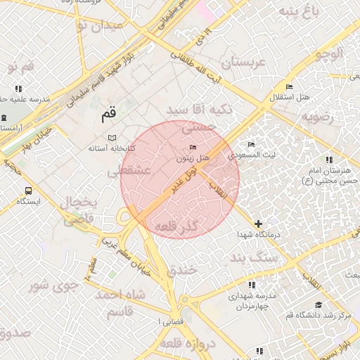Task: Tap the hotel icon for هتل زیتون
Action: tap(193, 147)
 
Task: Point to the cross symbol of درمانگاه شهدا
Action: tap(258, 223)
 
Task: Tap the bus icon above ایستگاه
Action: tap(28, 191)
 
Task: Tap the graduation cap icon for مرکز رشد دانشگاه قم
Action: tap(318, 304)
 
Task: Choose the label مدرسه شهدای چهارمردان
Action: tap(252, 302)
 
